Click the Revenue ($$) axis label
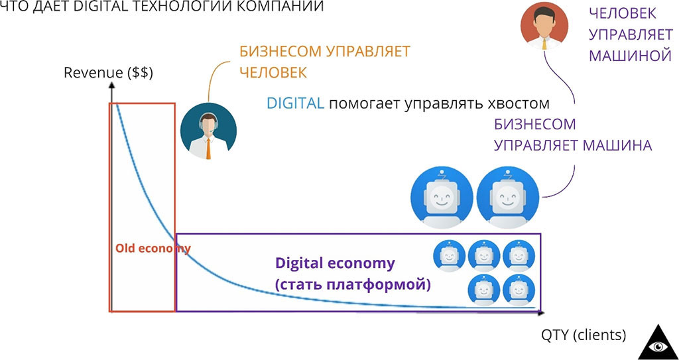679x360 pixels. click(x=108, y=74)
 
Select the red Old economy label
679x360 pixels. click(x=153, y=249)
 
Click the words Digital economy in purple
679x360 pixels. click(x=335, y=263)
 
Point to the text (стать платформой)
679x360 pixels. click(x=353, y=285)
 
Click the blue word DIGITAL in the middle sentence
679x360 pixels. click(x=295, y=103)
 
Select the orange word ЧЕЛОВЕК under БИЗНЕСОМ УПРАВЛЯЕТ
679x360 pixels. click(x=273, y=72)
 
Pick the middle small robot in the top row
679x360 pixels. click(x=483, y=255)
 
